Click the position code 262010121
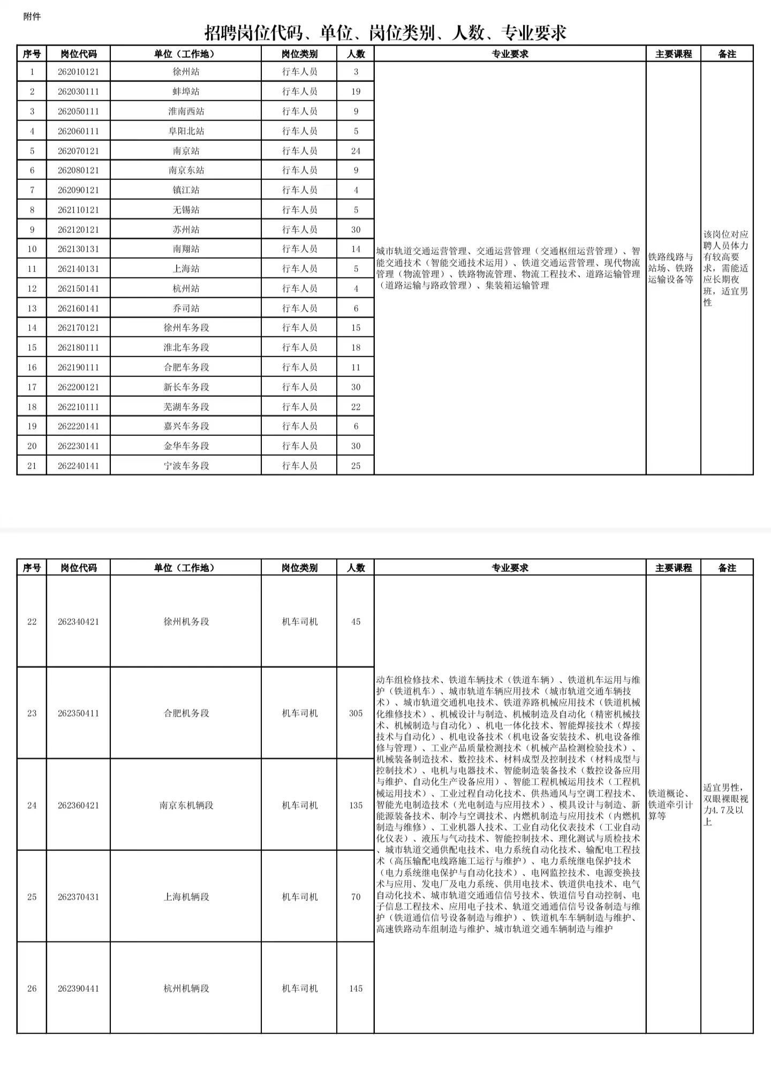(x=78, y=72)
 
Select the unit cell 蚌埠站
(x=186, y=92)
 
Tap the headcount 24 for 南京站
(x=356, y=151)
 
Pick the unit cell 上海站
(x=186, y=269)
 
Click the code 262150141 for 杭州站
(x=78, y=289)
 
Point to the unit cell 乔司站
(x=186, y=308)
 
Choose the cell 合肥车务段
(x=186, y=367)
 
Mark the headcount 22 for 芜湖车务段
(x=356, y=407)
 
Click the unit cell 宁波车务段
(x=186, y=466)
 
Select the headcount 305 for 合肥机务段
(x=356, y=713)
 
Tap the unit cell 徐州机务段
(x=186, y=622)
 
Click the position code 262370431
(x=78, y=897)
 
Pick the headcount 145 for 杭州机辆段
(x=356, y=989)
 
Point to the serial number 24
(x=32, y=805)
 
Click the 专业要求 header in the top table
(x=510, y=54)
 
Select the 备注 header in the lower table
(x=727, y=568)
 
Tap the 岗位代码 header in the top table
(x=78, y=54)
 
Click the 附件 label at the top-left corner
(x=32, y=17)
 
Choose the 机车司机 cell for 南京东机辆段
(x=299, y=805)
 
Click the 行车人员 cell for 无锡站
(x=299, y=210)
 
